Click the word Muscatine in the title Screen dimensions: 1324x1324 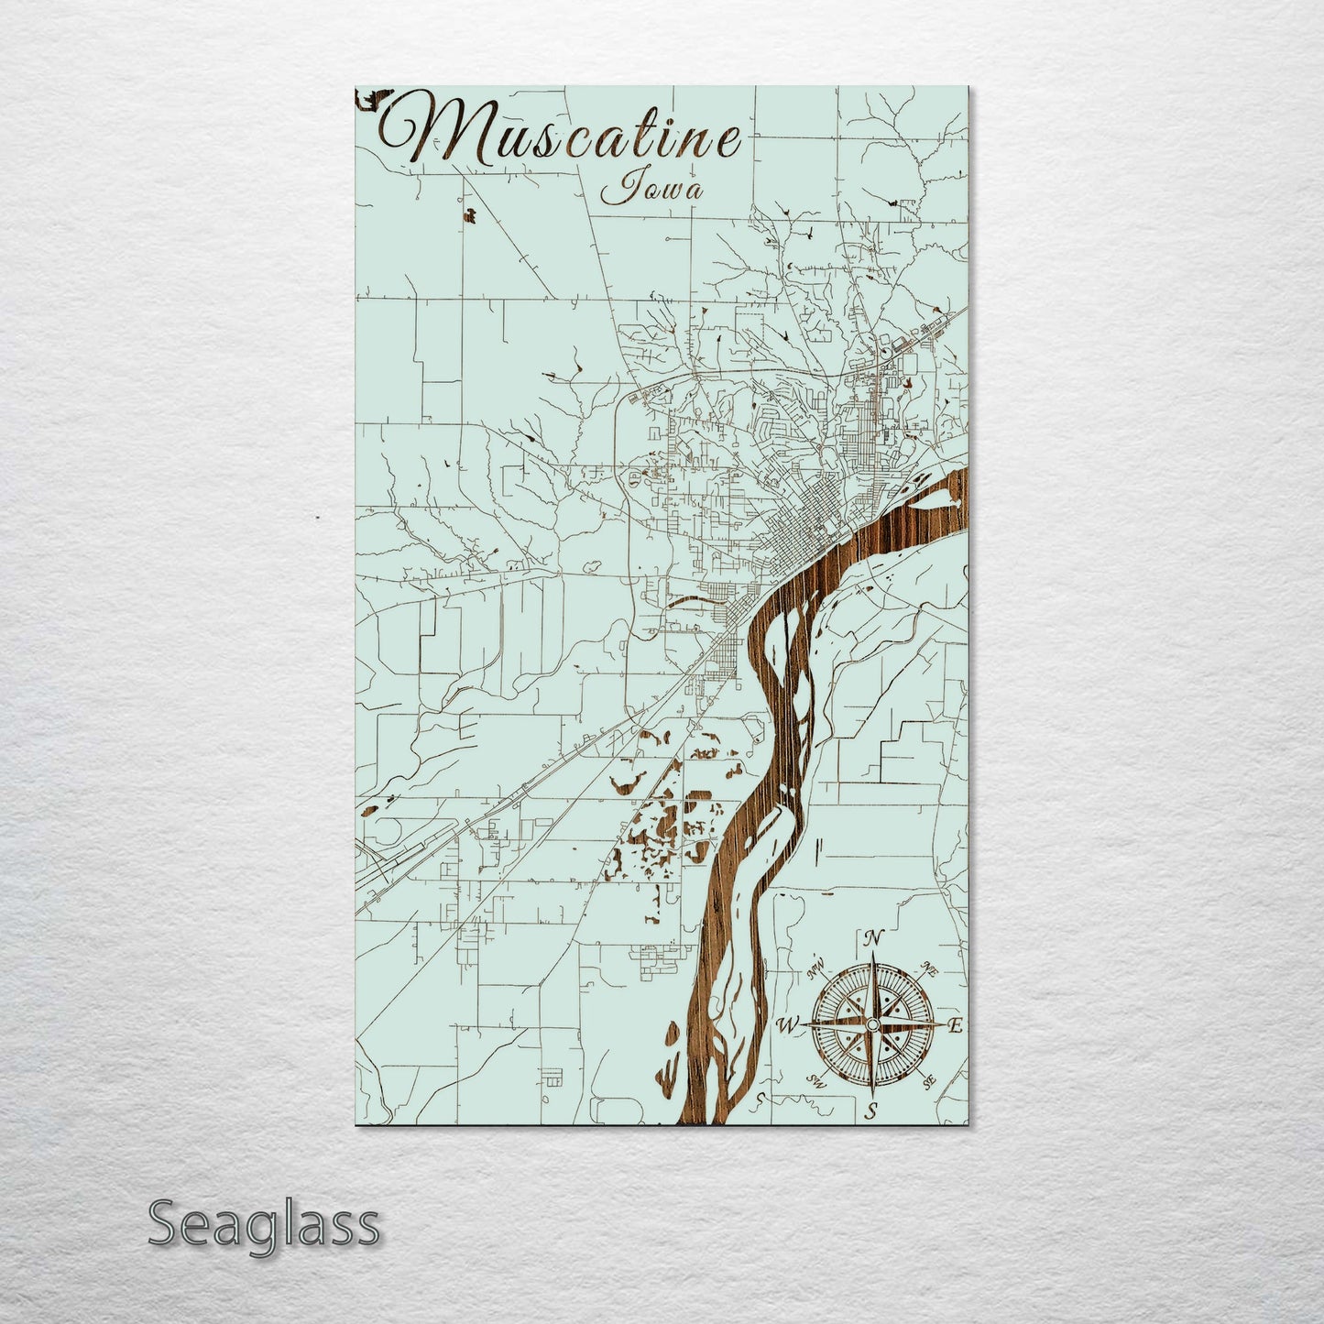[x=561, y=136]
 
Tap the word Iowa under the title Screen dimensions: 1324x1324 [x=652, y=190]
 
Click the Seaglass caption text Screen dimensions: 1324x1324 [x=263, y=1224]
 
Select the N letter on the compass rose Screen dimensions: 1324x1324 [x=873, y=938]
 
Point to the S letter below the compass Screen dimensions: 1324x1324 [x=873, y=1111]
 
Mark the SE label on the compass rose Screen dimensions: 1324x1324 [x=929, y=1082]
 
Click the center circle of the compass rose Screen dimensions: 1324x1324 [x=873, y=1023]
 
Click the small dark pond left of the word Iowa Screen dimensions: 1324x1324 [x=470, y=216]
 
